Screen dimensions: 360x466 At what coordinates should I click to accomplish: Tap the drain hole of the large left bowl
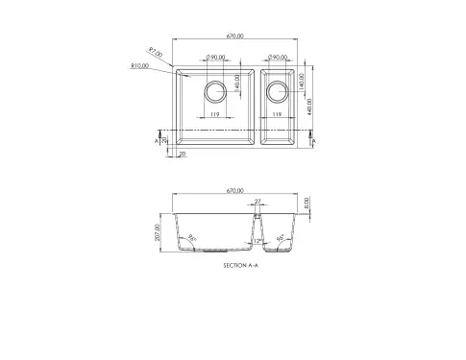pos(215,92)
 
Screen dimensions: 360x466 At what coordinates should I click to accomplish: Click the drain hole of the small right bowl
pos(277,92)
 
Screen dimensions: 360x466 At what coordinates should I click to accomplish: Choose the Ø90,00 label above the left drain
pos(215,58)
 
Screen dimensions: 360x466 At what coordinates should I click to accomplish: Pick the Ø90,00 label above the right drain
pos(280,58)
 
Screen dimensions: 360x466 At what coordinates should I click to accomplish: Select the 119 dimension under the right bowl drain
pos(277,116)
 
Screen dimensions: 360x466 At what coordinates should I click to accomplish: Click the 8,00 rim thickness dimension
pos(307,204)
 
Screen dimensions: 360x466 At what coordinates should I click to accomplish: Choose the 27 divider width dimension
pos(258,201)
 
